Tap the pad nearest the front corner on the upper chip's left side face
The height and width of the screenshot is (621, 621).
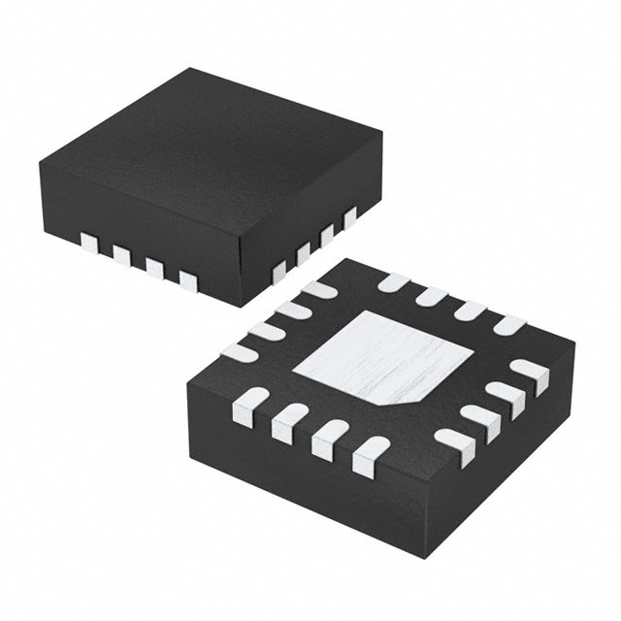pyautogui.click(x=187, y=281)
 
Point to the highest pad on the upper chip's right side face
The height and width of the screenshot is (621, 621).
pyautogui.click(x=349, y=214)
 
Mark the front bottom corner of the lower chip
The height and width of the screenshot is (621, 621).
pyautogui.click(x=408, y=572)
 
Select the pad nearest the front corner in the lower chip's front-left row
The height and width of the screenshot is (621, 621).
pyautogui.click(x=370, y=454)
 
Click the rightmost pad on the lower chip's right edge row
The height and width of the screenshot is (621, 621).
pyautogui.click(x=530, y=373)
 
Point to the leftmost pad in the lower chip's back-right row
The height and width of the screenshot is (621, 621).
pyautogui.click(x=394, y=283)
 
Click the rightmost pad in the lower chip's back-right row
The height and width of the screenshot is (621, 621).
pyautogui.click(x=507, y=324)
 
